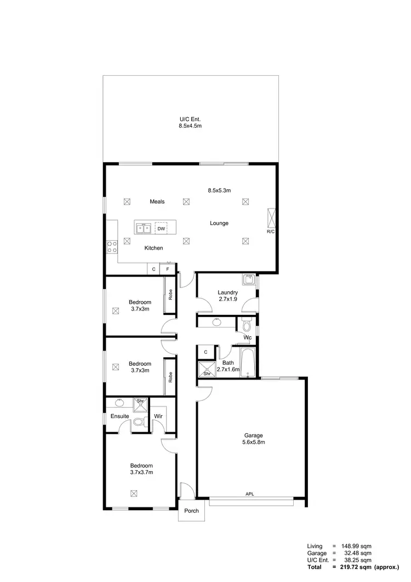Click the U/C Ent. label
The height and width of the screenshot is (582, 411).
coord(190,118)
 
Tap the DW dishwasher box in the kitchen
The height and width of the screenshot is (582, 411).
coord(161,228)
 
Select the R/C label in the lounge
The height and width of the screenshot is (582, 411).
coord(270,231)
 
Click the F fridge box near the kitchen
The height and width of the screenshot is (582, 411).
coord(168,269)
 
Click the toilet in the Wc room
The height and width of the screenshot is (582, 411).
coord(244,326)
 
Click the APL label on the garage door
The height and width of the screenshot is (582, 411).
coord(250,494)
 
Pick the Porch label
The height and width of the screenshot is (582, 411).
coord(191,511)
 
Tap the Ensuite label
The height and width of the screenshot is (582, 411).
coord(119,416)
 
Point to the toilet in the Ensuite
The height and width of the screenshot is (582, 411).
coord(139,422)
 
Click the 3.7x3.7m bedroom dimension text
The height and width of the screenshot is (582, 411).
coord(141,472)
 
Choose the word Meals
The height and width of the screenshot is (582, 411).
coord(157,202)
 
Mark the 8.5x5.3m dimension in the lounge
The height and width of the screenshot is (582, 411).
coord(219,190)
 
